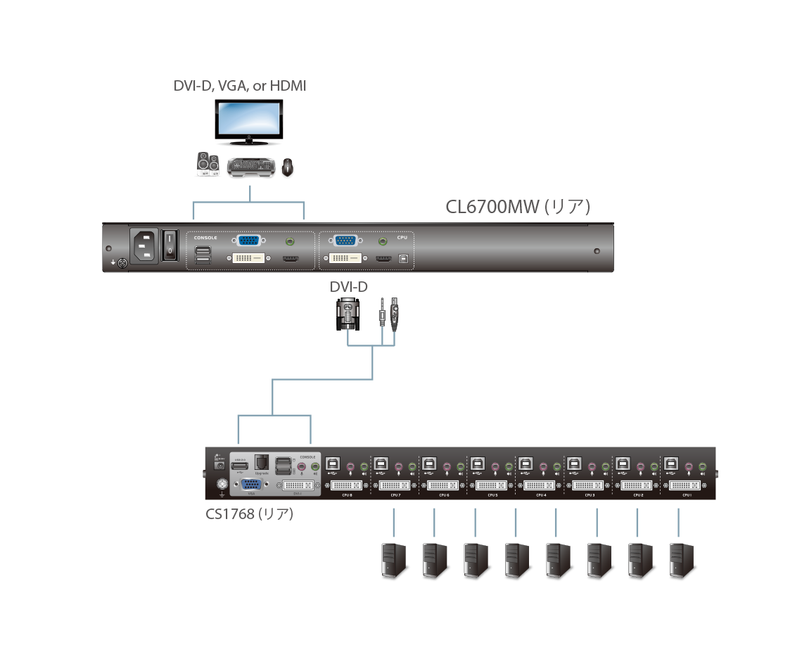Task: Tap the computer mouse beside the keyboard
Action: [287, 167]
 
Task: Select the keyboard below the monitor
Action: [250, 167]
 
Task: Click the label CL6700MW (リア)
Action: [517, 207]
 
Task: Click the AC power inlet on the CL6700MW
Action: [145, 245]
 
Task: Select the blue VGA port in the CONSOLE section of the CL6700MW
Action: [248, 241]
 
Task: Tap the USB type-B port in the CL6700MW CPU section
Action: [403, 260]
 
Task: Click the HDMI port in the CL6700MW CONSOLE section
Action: [290, 260]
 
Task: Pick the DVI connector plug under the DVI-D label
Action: [348, 314]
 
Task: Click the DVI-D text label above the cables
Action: [348, 287]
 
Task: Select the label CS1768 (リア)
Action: [249, 514]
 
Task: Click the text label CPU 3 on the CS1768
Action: [590, 495]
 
